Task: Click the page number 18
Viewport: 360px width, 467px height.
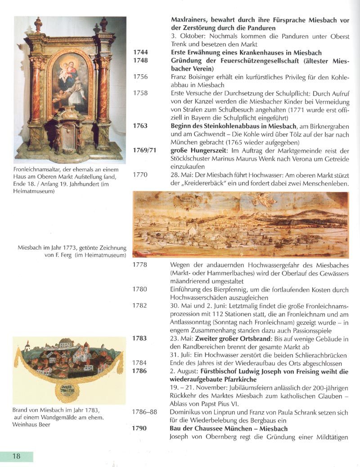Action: (16, 456)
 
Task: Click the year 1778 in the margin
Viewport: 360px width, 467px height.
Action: (140, 265)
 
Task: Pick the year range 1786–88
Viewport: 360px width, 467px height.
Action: (145, 412)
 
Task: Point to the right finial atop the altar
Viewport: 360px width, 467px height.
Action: (103, 24)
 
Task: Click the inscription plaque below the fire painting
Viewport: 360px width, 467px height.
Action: (69, 389)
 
